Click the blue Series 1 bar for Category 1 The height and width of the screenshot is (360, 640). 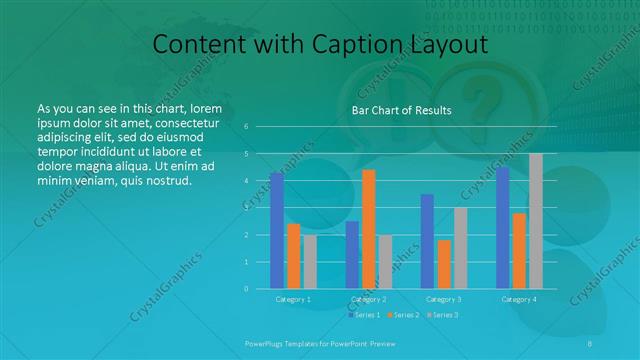tap(276, 230)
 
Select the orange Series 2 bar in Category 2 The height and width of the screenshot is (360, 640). tap(369, 229)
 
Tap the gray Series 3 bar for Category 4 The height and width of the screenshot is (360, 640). tap(536, 221)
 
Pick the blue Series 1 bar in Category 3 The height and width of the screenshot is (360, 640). tap(427, 241)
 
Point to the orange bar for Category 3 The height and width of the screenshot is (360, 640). tap(444, 264)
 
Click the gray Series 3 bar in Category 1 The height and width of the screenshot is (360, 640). tap(310, 262)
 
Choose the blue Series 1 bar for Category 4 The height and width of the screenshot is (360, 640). tap(502, 227)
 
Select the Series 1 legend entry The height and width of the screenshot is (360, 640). tap(365, 315)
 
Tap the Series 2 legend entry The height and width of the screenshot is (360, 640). tap(402, 315)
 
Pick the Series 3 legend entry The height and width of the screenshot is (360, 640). tap(440, 315)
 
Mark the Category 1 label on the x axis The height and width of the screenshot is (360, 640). tap(293, 299)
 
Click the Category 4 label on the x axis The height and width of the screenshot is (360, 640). tap(519, 299)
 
